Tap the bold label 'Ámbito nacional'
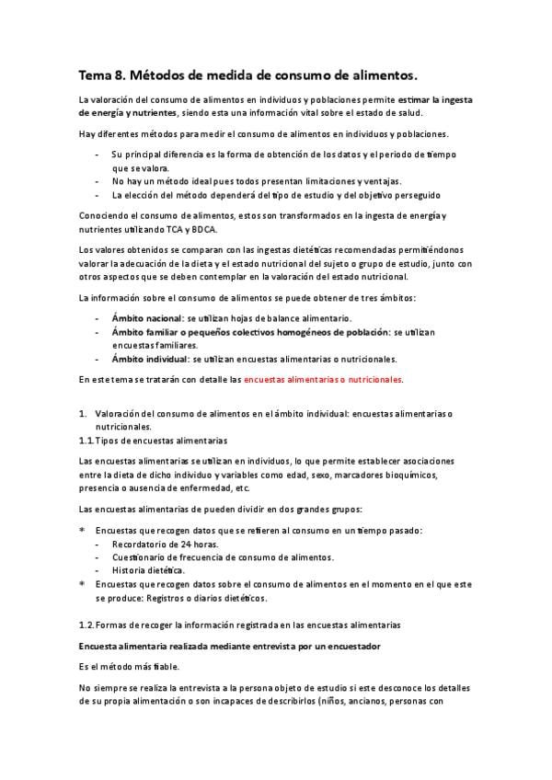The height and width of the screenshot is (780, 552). click(x=145, y=318)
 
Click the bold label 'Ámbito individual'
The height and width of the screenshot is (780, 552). click(x=150, y=358)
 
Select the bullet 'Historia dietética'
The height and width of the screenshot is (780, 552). click(x=149, y=570)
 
